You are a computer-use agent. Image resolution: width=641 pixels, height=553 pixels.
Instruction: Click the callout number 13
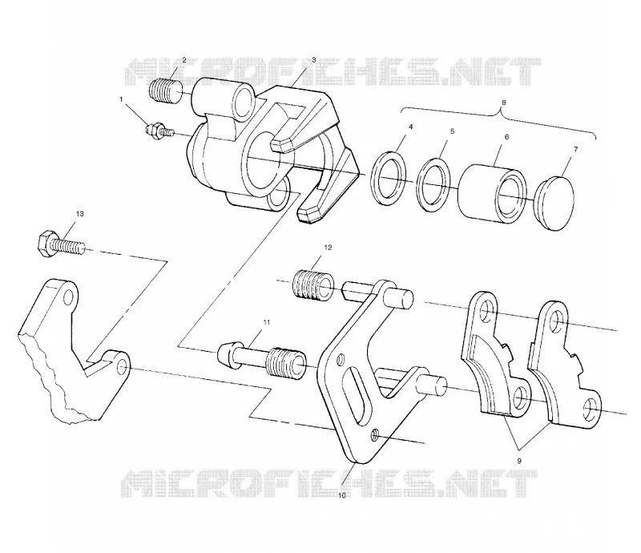click(x=79, y=214)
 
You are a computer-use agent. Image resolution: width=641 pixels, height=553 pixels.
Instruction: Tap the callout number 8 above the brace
click(x=504, y=103)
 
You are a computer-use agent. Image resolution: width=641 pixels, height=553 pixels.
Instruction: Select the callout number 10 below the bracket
click(x=342, y=496)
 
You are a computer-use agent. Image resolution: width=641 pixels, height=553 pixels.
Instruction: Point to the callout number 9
click(x=519, y=461)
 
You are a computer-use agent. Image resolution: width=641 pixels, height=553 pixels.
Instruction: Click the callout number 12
click(x=328, y=248)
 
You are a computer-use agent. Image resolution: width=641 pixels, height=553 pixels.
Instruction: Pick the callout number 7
click(x=576, y=149)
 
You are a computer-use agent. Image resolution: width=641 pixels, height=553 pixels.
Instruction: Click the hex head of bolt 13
click(x=44, y=244)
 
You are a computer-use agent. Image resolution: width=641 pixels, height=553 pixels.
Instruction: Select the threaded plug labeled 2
click(x=166, y=93)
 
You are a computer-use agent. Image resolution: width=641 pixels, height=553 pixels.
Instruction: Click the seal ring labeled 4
click(x=389, y=179)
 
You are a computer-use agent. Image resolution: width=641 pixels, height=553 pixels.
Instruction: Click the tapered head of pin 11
click(x=227, y=355)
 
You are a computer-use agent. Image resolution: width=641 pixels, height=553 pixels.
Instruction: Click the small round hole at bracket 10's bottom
click(x=374, y=437)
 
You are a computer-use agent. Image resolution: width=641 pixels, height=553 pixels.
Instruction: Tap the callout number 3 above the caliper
click(x=313, y=60)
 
